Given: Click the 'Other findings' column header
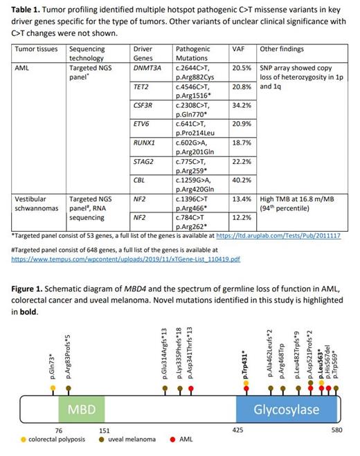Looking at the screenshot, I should coord(280,50).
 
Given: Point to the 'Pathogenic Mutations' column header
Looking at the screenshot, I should coord(193,54).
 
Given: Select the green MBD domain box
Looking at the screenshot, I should coord(81,410).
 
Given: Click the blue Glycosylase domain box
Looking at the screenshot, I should coord(286,410).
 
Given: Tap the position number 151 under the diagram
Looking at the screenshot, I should coord(104,430).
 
